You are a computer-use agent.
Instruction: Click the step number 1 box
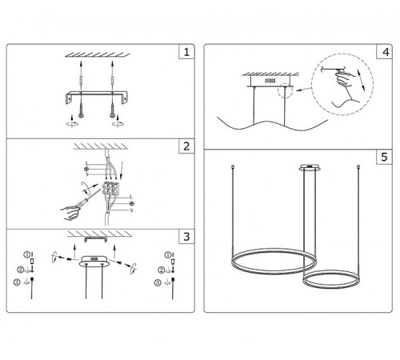(186, 54)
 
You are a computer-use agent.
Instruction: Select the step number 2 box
(186, 146)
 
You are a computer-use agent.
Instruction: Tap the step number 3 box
(186, 237)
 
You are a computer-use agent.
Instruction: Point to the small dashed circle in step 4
(282, 94)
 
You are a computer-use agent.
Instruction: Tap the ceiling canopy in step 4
(269, 81)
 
